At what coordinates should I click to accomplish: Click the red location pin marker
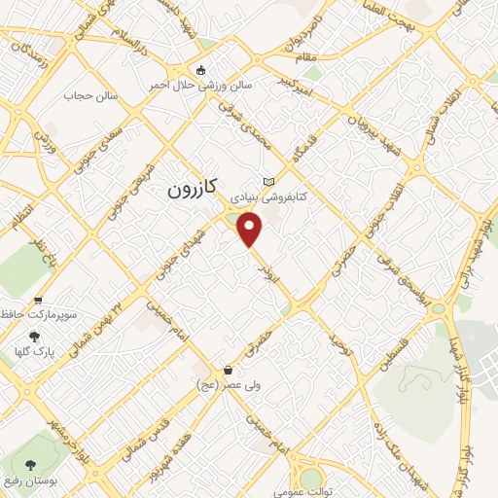click(x=251, y=230)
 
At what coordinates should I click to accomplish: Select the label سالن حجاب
click(x=90, y=95)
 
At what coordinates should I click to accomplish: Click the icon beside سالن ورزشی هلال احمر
click(x=201, y=70)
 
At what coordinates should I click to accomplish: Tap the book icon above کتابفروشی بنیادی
click(x=268, y=182)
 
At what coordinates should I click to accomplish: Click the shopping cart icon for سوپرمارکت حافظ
click(x=38, y=301)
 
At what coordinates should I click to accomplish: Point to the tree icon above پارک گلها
click(x=35, y=336)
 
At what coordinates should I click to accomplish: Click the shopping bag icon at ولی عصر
click(x=228, y=371)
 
